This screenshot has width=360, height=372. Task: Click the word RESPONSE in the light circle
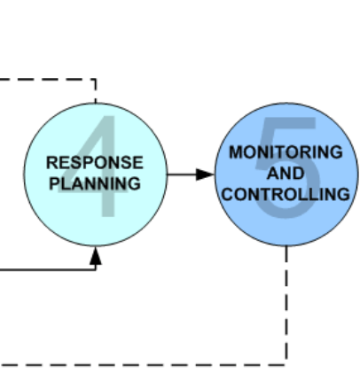click(95, 163)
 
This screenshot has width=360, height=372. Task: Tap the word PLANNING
click(95, 183)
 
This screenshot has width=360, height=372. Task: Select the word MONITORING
click(286, 152)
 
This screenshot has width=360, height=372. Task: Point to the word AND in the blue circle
click(286, 173)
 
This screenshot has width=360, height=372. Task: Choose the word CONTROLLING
click(286, 195)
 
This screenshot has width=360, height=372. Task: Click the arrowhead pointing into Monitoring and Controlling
click(205, 174)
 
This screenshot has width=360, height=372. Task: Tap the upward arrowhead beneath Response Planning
click(96, 256)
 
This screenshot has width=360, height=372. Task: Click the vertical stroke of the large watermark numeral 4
click(108, 166)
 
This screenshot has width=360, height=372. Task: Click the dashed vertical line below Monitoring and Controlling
click(286, 303)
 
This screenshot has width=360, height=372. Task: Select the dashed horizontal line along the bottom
click(143, 365)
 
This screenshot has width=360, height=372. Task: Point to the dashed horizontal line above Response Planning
click(47, 79)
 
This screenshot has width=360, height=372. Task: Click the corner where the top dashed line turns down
click(95, 80)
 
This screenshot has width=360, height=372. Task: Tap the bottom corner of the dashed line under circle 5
click(286, 365)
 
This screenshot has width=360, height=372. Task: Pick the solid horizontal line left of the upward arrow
click(47, 269)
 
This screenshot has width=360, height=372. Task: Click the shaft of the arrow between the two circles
click(182, 174)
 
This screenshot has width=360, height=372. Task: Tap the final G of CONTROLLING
click(344, 195)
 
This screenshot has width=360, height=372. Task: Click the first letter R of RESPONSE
click(51, 163)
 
